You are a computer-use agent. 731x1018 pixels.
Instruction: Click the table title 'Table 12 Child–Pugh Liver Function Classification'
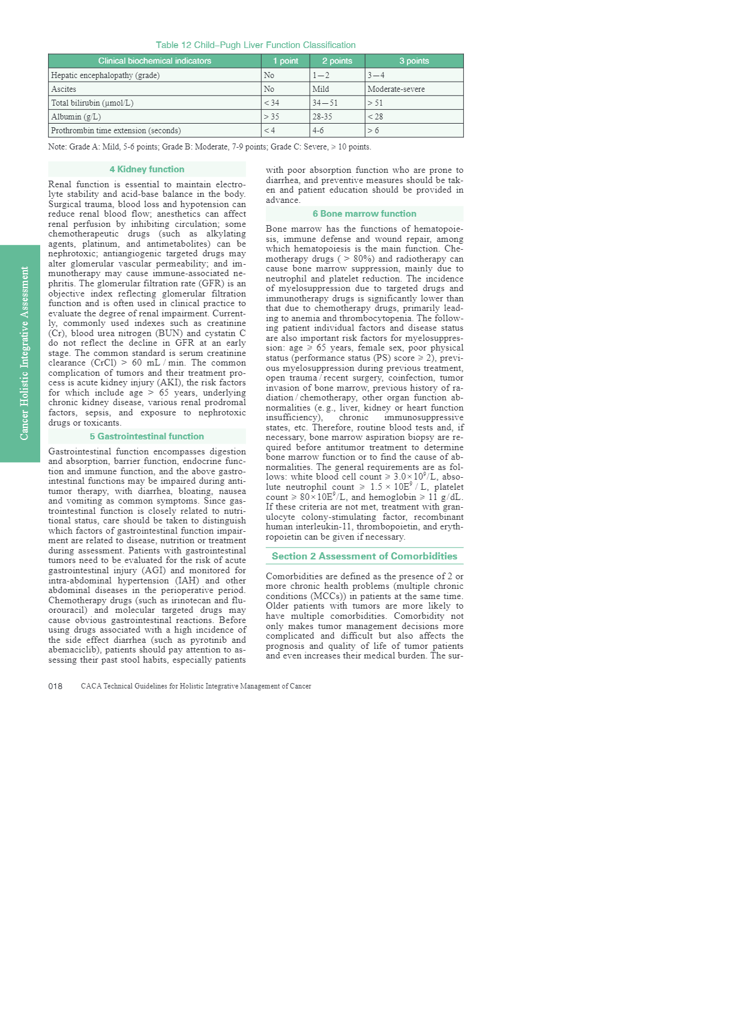(x=256, y=45)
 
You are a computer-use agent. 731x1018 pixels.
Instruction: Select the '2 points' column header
(x=337, y=61)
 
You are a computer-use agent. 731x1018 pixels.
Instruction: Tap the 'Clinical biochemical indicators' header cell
(x=155, y=61)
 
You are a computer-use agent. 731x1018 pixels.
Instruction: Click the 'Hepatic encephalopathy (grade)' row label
(x=105, y=75)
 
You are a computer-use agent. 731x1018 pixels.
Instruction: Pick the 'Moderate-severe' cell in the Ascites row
(x=396, y=89)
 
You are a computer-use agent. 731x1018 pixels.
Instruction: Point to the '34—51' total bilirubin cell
(x=325, y=103)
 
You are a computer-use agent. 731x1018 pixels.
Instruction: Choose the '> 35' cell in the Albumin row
(x=271, y=116)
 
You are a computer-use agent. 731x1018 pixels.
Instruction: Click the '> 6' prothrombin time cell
(x=373, y=130)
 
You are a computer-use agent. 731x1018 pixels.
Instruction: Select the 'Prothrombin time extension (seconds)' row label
(x=116, y=130)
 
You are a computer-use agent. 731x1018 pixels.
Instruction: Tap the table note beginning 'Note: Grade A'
(x=209, y=146)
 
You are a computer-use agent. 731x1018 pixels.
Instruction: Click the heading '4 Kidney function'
(x=147, y=169)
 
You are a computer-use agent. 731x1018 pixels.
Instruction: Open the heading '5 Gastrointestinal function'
(x=147, y=436)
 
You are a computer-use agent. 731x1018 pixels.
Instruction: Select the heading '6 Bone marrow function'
(x=364, y=214)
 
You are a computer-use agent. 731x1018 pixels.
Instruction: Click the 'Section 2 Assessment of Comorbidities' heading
(x=364, y=556)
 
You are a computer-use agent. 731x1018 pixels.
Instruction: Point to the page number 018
(x=55, y=686)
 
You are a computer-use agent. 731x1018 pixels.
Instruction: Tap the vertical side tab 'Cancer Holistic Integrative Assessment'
(x=24, y=353)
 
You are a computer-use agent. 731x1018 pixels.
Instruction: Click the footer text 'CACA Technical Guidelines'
(x=196, y=686)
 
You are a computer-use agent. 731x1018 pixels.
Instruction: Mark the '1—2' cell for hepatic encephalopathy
(x=320, y=75)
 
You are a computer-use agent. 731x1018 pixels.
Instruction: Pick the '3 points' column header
(x=414, y=61)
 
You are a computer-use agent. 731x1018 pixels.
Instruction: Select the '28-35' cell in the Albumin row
(x=322, y=116)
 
